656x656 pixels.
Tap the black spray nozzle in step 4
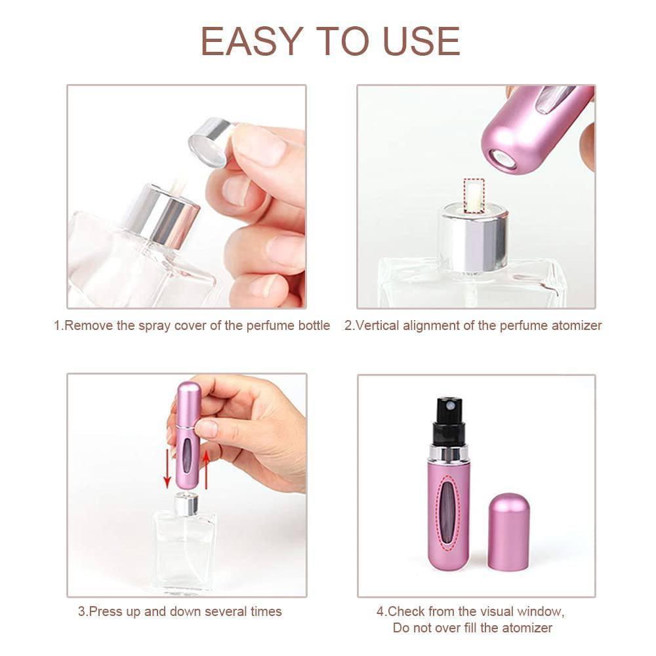tap(449, 420)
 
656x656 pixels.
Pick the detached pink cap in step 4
tap(509, 531)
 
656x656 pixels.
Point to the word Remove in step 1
tap(90, 325)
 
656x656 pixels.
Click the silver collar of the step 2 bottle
tap(473, 237)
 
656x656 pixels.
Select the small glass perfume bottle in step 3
tap(184, 544)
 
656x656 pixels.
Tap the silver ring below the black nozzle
tap(449, 452)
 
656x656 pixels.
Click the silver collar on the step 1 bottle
tap(162, 215)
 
